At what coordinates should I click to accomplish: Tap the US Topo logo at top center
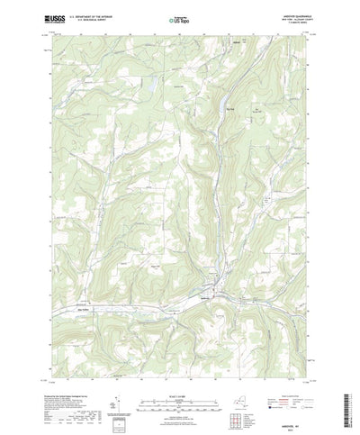[179, 18]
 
